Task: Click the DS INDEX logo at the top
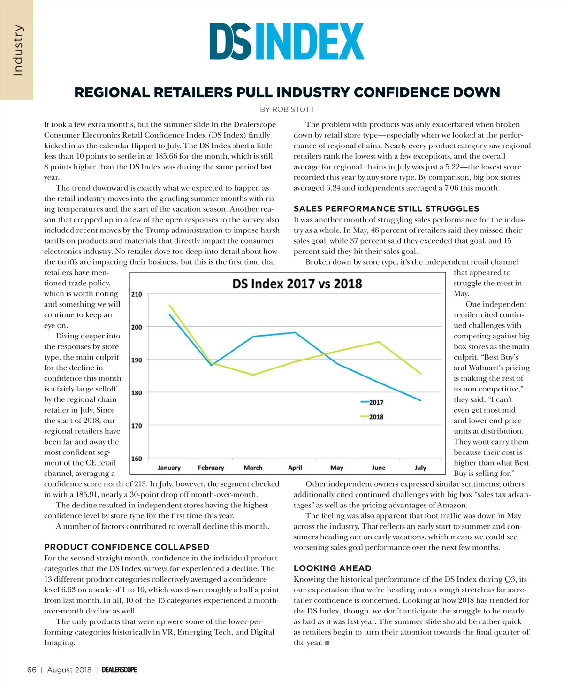(x=287, y=42)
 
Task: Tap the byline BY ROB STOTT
(x=287, y=109)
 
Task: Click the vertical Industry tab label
(x=17, y=50)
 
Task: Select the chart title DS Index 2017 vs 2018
(x=297, y=284)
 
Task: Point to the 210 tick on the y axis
(x=137, y=294)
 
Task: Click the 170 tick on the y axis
(x=137, y=426)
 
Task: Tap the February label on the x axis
(x=211, y=468)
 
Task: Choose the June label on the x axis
(x=378, y=468)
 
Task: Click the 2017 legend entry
(x=372, y=402)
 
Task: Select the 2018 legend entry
(x=372, y=417)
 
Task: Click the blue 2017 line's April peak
(x=295, y=333)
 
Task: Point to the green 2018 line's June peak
(x=379, y=342)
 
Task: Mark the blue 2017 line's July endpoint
(x=421, y=400)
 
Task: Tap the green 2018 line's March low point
(x=253, y=375)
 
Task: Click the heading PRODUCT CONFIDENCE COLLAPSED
(x=127, y=547)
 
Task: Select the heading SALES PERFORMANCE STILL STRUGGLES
(x=386, y=208)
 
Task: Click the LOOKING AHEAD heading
(x=332, y=568)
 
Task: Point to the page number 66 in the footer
(x=31, y=670)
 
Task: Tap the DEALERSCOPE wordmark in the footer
(x=119, y=670)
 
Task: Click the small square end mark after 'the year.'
(x=327, y=643)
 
